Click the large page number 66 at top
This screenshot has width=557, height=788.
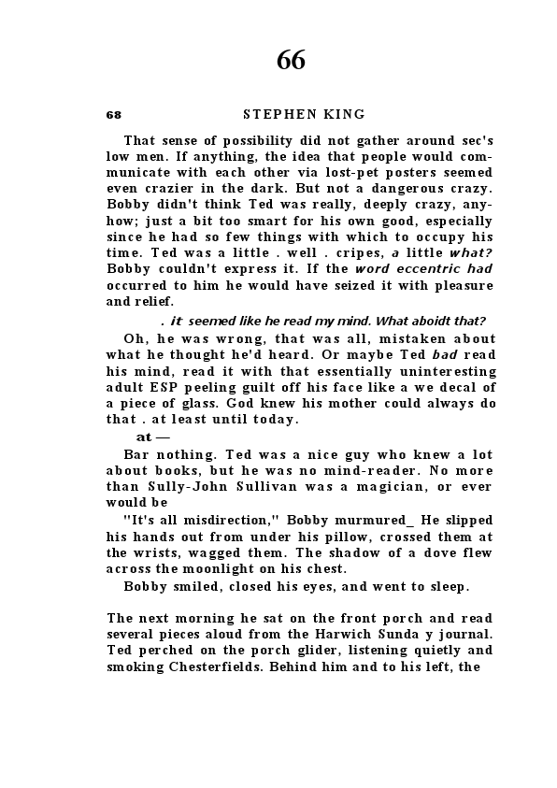(291, 60)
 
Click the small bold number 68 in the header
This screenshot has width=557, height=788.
(114, 115)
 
